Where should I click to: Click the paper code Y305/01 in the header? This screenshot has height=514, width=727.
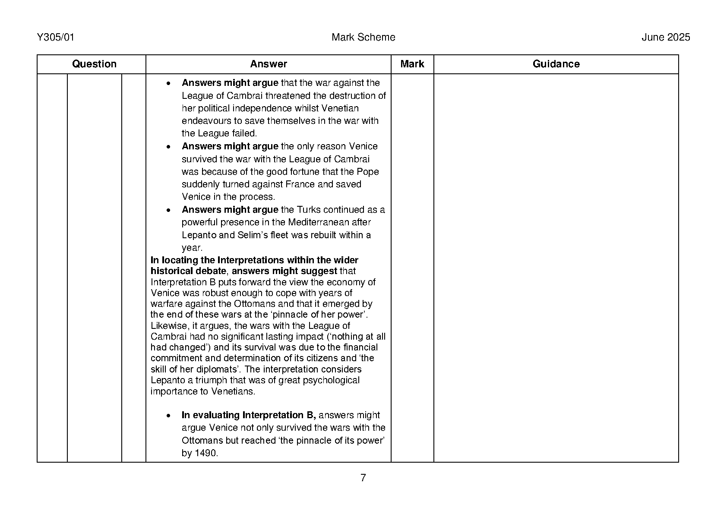[56, 38]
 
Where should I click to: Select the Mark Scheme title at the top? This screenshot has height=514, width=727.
[363, 38]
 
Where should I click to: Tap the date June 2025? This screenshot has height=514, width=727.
[665, 38]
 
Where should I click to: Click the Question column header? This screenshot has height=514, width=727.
[94, 64]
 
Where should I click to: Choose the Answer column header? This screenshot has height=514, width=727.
[268, 64]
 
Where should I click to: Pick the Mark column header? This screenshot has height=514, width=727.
[412, 64]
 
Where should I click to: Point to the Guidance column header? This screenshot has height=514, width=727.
[556, 64]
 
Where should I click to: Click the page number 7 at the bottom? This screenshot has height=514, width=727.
[363, 478]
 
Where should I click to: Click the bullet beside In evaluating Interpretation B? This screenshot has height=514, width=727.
[169, 416]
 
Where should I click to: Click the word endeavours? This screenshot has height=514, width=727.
[207, 121]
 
